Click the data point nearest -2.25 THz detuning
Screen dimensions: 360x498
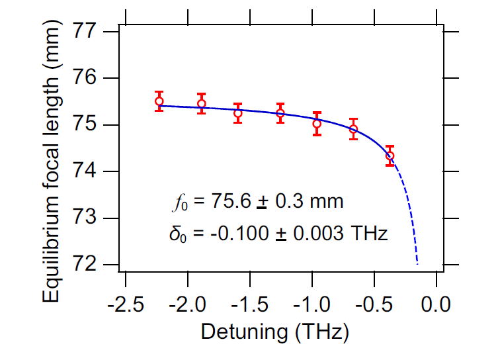point(159,101)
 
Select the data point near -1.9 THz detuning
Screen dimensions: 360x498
point(201,103)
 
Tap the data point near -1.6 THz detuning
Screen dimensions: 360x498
point(237,113)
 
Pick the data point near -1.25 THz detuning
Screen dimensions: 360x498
point(280,113)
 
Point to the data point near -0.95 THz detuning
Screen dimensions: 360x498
point(317,124)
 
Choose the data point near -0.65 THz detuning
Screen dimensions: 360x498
point(353,129)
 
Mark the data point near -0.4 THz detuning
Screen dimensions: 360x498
point(390,156)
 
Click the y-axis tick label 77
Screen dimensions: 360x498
point(94,32)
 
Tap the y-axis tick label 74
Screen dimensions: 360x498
point(94,172)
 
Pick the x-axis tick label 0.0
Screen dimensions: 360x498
point(436,305)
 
